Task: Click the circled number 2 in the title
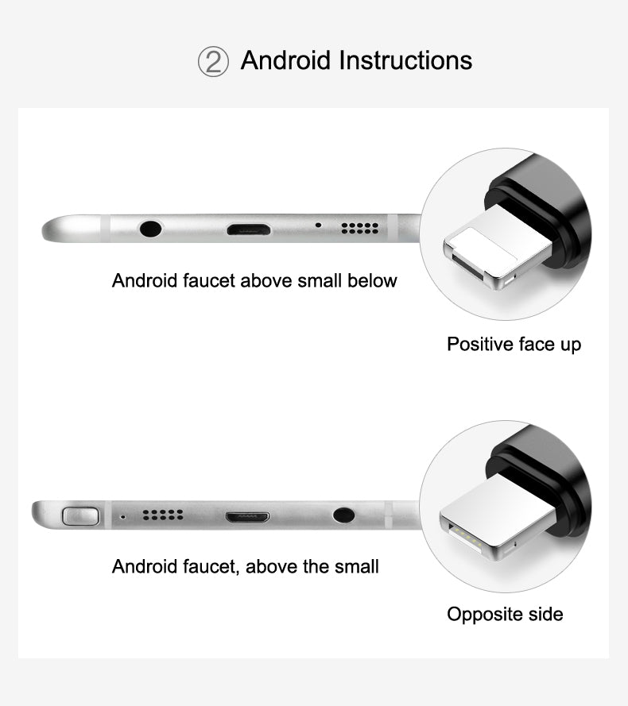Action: coord(213,61)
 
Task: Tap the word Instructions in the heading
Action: coord(405,60)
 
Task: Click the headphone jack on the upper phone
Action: coord(150,229)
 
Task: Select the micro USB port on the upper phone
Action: coord(249,230)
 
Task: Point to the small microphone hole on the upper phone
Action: coord(318,225)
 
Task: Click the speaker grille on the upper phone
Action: coord(360,228)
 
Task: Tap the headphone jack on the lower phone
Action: coord(343,515)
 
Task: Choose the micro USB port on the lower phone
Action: coord(248,516)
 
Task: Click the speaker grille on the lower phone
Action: coord(163,515)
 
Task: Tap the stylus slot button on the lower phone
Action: coord(80,516)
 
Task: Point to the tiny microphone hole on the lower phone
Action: coord(122,516)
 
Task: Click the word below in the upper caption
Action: coord(372,280)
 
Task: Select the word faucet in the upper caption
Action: coord(209,280)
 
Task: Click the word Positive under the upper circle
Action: coord(479,344)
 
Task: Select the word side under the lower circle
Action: coord(545,614)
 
